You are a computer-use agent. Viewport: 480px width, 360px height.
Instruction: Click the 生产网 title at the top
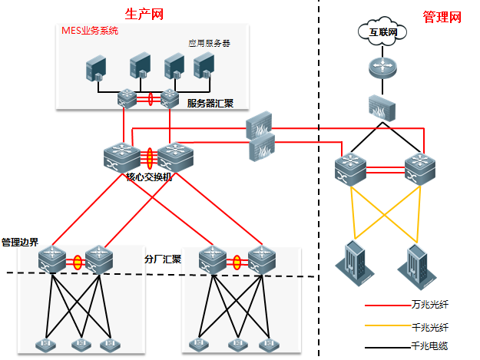pyautogui.click(x=144, y=14)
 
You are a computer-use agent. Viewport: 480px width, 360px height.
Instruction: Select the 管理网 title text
pyautogui.click(x=442, y=16)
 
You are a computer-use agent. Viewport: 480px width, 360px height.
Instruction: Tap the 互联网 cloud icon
pyautogui.click(x=377, y=31)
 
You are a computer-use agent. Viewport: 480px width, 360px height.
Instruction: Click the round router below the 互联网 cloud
pyautogui.click(x=380, y=68)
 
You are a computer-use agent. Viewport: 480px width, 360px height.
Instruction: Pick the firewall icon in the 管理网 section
pyautogui.click(x=380, y=107)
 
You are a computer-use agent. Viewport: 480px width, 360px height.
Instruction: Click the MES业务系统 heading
pyautogui.click(x=90, y=31)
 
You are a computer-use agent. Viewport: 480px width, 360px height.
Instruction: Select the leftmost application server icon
pyautogui.click(x=96, y=68)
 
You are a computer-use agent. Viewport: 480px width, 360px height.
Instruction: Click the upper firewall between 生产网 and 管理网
pyautogui.click(x=260, y=124)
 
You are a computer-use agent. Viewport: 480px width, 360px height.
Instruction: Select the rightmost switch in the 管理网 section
pyautogui.click(x=419, y=167)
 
